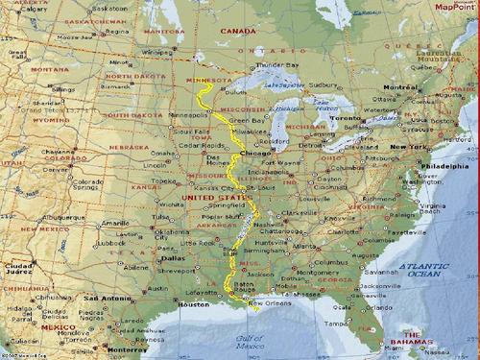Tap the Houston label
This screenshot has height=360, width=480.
click(193, 304)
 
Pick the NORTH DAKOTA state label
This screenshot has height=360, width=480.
click(131, 75)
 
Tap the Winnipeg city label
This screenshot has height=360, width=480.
click(158, 52)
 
